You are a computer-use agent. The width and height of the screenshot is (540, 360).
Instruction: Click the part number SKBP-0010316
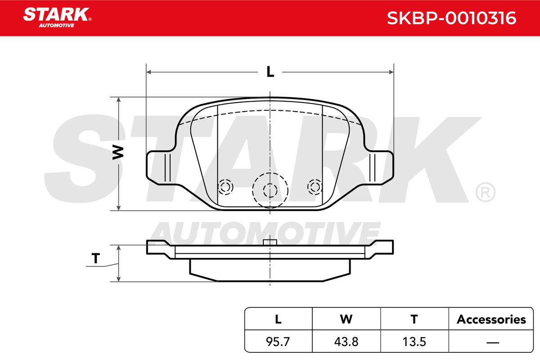451,18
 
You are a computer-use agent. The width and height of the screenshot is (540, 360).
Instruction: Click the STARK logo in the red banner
57,18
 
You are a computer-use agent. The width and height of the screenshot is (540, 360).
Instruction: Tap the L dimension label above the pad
270,72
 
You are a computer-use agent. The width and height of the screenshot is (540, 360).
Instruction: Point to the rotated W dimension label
118,153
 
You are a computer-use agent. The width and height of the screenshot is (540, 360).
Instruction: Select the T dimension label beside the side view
96,258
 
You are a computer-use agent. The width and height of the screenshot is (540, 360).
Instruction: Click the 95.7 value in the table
278,342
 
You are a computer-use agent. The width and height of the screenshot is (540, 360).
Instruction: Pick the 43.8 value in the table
346,342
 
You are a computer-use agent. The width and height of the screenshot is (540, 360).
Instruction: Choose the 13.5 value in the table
414,342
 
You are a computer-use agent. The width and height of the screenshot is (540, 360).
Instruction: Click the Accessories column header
491,319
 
